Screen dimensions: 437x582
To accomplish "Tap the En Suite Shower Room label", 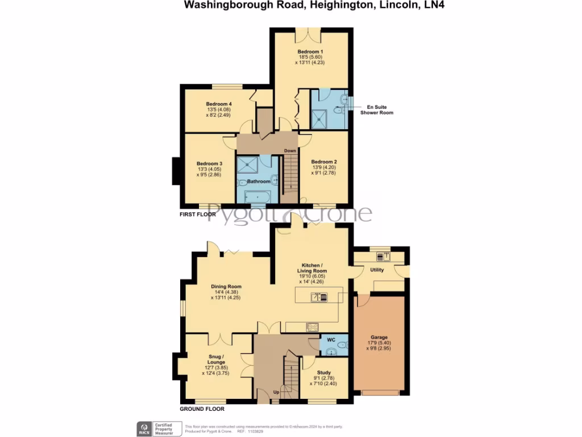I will point(377,109).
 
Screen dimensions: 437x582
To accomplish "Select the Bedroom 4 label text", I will point(218,104).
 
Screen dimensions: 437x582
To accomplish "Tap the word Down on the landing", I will point(291,151).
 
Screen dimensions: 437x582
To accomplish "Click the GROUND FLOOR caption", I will point(202,409).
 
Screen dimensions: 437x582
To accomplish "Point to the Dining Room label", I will point(226,287).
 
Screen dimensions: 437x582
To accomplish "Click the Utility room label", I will point(377,270).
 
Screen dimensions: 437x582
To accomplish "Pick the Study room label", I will point(324,373).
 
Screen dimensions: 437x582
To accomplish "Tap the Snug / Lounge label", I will point(215,359).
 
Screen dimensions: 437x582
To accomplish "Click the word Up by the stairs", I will point(276,393).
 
